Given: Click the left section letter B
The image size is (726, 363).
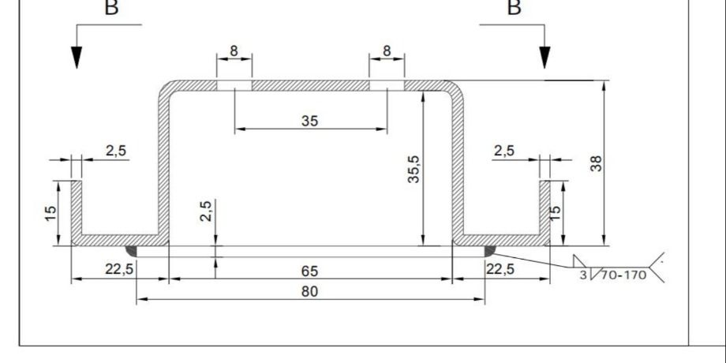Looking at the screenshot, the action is click(x=114, y=8).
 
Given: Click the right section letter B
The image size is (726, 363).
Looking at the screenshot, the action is click(x=514, y=8).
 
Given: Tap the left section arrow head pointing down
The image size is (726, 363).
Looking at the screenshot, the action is click(x=77, y=57).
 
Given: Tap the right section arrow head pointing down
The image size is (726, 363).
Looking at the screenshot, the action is click(x=544, y=57).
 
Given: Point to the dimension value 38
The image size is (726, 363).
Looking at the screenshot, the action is click(x=597, y=163).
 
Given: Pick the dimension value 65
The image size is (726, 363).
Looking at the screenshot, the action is click(x=309, y=271).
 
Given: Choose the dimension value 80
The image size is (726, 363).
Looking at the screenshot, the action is click(x=309, y=291).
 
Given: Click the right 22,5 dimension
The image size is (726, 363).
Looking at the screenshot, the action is click(x=503, y=269).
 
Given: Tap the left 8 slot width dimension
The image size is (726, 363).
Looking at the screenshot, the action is click(x=234, y=51).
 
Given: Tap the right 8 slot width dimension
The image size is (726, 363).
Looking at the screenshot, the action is click(x=386, y=51).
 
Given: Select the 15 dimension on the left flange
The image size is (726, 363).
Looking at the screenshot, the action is click(x=51, y=213).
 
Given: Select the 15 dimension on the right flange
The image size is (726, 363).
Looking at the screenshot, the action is click(x=556, y=213).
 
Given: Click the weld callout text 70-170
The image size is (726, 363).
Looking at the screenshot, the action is click(x=623, y=276).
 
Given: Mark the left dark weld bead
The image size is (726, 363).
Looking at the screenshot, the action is click(x=131, y=251).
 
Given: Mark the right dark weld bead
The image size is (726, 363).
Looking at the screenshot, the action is click(x=489, y=251).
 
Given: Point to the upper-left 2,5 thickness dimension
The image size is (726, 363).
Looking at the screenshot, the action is click(x=115, y=151).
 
